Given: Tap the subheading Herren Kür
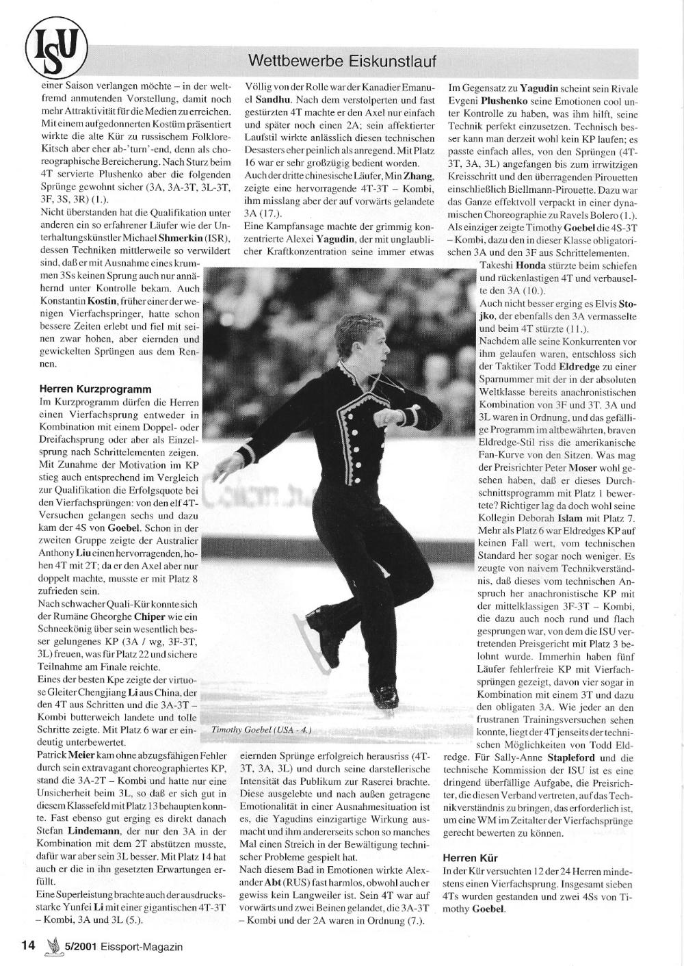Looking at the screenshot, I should pos(470,857).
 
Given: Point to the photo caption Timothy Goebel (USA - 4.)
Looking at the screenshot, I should pos(261,730).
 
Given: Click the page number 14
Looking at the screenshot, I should pos(27,946).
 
